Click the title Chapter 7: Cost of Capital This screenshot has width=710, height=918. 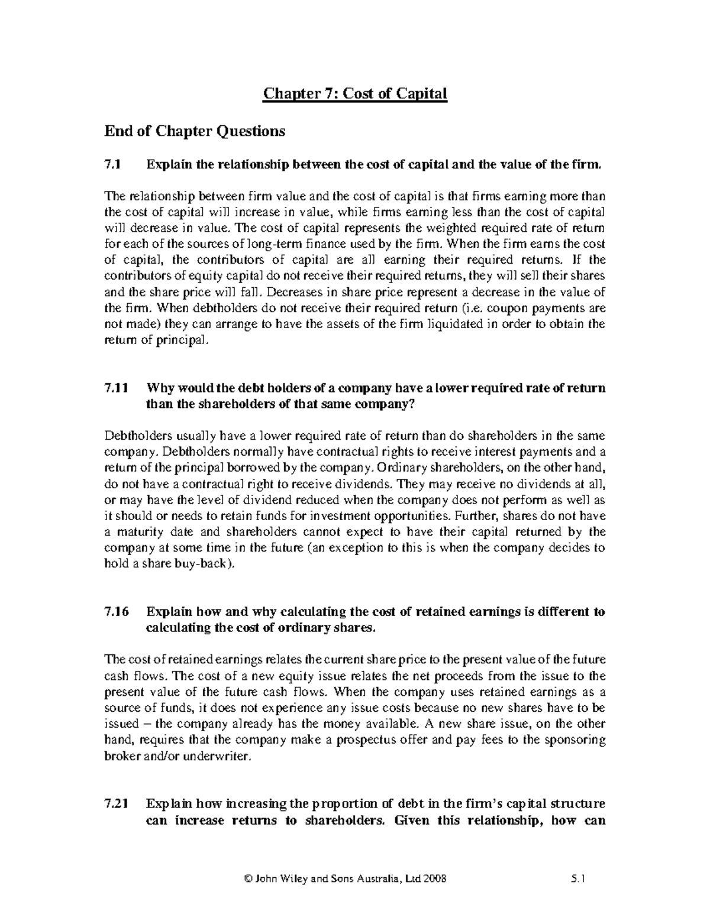(x=355, y=93)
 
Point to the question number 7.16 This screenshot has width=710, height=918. (x=115, y=611)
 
